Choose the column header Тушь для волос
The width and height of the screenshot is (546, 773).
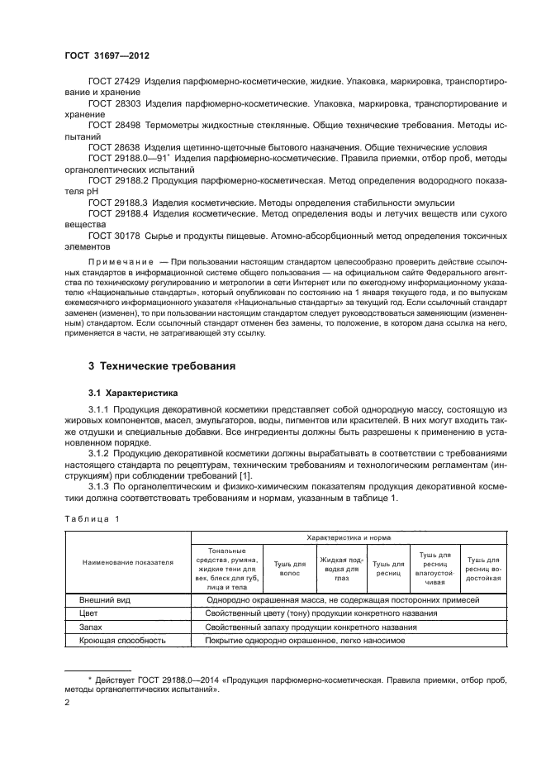(289, 566)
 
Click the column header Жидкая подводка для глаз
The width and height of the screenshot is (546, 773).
(339, 566)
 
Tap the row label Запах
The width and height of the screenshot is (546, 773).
(92, 627)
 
